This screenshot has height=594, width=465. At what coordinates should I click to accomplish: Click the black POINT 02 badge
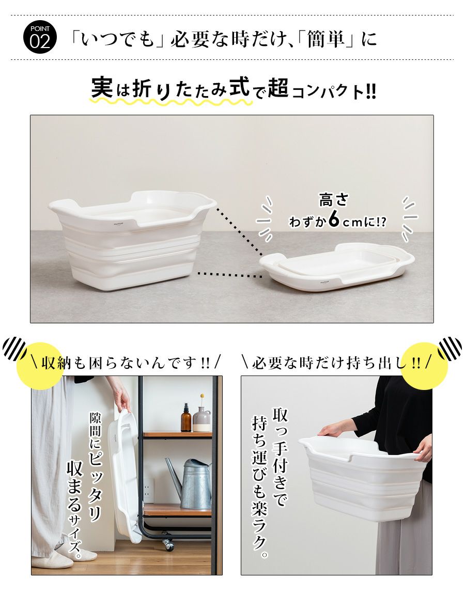(x=40, y=37)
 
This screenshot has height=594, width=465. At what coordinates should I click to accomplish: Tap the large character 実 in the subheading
(x=102, y=87)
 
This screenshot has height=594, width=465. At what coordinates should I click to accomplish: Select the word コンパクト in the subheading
(x=329, y=91)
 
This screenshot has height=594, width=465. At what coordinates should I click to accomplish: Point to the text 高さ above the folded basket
(x=333, y=200)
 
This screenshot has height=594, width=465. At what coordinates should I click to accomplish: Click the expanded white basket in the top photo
(x=132, y=240)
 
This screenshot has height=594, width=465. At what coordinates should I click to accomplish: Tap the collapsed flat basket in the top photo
(x=337, y=267)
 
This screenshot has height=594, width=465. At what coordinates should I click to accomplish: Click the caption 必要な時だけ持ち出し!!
(x=336, y=363)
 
